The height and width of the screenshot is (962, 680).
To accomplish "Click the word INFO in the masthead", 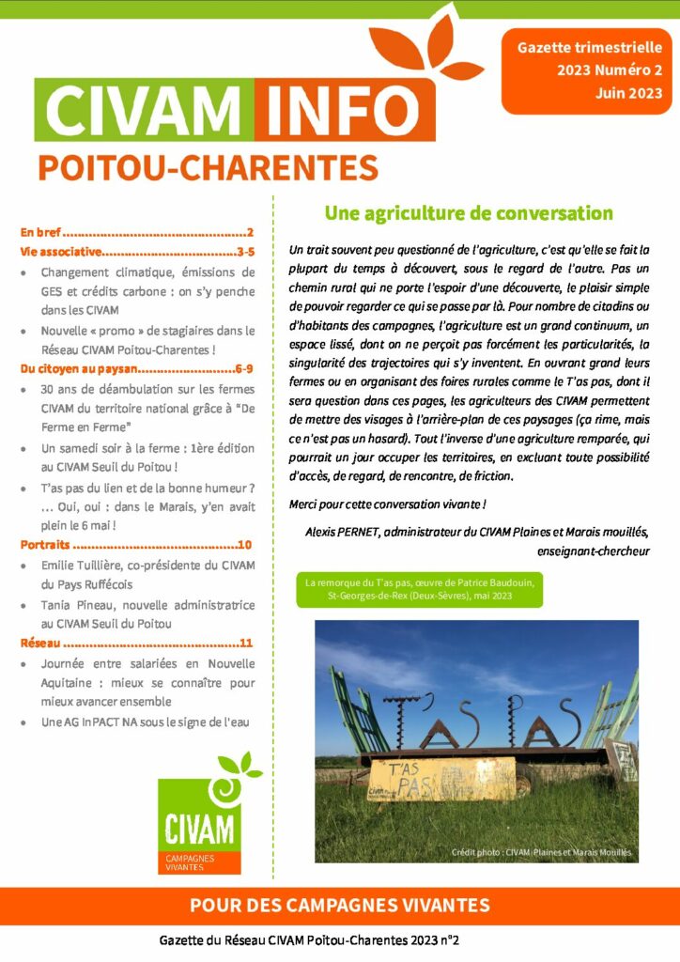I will (350, 110).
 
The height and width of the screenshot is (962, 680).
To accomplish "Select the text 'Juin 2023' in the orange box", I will (628, 93).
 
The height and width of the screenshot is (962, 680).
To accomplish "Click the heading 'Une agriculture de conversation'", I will (469, 213).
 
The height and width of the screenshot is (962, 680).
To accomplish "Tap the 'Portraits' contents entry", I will (45, 544).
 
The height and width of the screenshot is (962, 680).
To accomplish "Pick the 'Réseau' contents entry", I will (40, 643).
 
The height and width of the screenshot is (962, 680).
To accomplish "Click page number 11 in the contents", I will (247, 644).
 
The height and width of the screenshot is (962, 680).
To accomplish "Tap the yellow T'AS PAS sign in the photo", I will (413, 777).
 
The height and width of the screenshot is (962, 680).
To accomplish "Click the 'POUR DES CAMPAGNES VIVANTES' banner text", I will (339, 906).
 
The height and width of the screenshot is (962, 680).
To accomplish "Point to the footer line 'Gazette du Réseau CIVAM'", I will (315, 939).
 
